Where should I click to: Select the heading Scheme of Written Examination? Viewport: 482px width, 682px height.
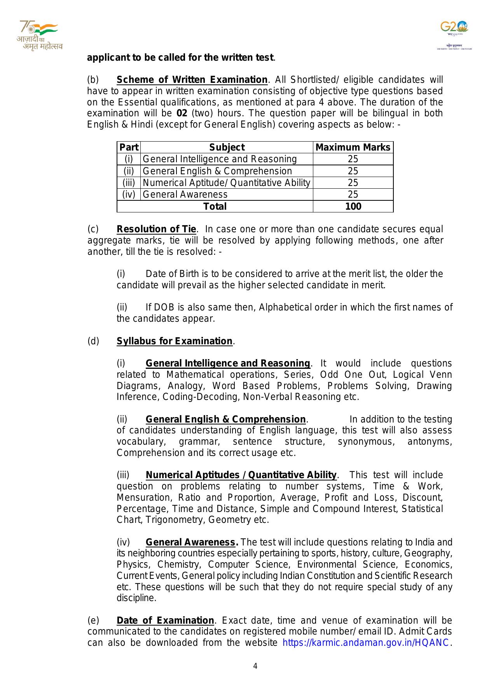192,80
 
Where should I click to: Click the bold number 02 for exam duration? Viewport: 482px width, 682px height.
182,114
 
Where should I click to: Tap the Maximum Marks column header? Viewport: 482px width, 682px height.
353,147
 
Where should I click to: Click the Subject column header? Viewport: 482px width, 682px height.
227,147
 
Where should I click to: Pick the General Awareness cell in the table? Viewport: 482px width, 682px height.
185,195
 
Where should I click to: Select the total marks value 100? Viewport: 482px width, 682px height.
353,206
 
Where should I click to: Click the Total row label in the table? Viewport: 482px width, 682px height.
215,206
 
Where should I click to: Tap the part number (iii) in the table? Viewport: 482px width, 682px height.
129,183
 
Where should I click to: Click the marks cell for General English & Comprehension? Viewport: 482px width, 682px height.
353,171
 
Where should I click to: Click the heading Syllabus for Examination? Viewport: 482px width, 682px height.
175,341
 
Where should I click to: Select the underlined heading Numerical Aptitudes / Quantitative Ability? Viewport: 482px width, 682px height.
241,475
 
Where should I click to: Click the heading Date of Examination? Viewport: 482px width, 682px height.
165,620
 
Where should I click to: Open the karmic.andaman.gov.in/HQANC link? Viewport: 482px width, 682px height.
366,643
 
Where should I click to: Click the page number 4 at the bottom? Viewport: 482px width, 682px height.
255,666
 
